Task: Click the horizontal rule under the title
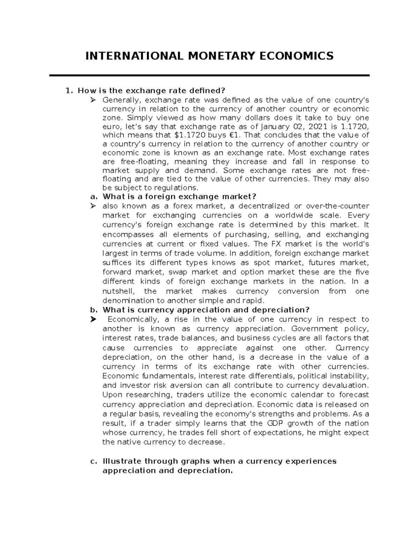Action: pyautogui.click(x=209, y=75)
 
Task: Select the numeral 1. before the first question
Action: pyautogui.click(x=69, y=91)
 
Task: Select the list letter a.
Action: pyautogui.click(x=93, y=196)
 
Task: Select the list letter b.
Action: pyautogui.click(x=93, y=310)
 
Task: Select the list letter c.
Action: pyautogui.click(x=93, y=461)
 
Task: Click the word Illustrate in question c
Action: pyautogui.click(x=122, y=461)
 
